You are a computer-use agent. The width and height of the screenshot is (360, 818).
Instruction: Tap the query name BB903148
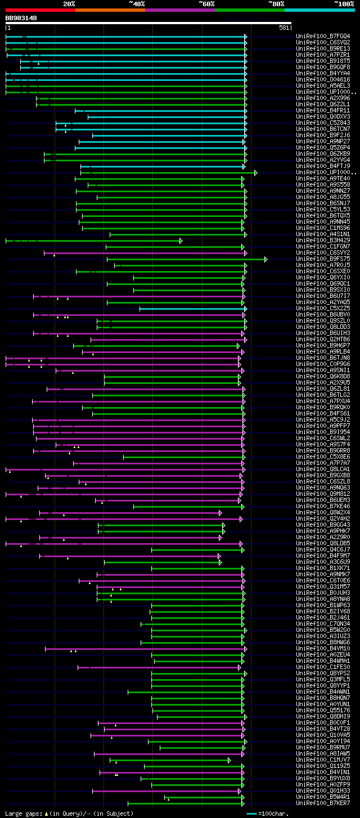click(x=21, y=18)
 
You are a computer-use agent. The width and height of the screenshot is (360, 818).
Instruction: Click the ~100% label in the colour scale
click(x=344, y=3)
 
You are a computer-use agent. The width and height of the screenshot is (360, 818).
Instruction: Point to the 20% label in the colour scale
click(x=69, y=3)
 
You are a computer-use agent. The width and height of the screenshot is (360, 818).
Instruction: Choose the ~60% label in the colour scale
click(x=206, y=3)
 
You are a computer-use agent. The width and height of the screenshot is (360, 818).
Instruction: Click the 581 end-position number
click(x=284, y=27)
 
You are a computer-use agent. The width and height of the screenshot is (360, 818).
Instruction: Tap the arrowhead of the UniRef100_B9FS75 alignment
click(x=266, y=259)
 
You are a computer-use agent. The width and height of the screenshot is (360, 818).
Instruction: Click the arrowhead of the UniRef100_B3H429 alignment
click(x=181, y=241)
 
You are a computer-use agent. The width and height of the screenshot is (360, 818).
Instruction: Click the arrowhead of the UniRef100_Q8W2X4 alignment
click(x=220, y=513)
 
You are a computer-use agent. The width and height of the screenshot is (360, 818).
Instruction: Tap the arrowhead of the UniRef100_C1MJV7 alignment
click(x=229, y=760)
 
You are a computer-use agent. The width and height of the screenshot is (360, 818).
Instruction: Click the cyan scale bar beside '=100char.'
click(x=251, y=814)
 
